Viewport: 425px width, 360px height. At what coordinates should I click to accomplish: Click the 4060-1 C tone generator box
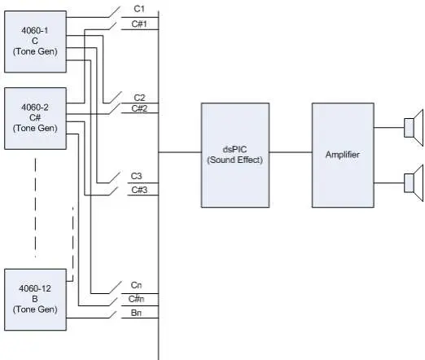coord(35,42)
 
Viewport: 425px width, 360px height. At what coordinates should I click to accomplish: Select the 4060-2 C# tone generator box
coord(35,118)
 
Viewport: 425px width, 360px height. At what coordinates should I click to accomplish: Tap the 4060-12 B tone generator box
coord(35,300)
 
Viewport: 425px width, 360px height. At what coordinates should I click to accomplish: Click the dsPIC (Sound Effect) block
coord(235,155)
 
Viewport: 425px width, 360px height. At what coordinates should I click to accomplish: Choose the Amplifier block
coord(343,155)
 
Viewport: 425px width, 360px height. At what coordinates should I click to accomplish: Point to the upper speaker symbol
coord(414,128)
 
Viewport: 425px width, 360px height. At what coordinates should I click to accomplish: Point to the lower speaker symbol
coord(414,183)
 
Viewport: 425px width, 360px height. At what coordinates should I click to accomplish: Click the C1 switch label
coord(139,9)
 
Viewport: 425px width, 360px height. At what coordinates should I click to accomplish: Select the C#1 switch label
coord(139,24)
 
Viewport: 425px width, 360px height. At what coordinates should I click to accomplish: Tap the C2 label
coord(139,98)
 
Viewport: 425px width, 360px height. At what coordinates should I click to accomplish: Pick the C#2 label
coord(139,108)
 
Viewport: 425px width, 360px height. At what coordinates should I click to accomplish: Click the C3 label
coord(136,176)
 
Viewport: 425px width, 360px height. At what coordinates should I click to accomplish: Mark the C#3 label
coord(139,190)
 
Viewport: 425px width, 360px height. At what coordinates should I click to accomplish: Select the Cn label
coord(136,285)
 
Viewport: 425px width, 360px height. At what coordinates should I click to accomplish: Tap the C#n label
coord(136,299)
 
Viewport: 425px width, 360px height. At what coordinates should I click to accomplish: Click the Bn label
coord(136,313)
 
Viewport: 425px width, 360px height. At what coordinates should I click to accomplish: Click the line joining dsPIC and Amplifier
coord(291,152)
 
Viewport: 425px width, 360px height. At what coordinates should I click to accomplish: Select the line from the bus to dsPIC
coord(180,152)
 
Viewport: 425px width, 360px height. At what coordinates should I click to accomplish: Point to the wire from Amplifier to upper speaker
coord(389,127)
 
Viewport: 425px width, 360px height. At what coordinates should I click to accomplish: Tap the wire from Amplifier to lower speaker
coord(389,183)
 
